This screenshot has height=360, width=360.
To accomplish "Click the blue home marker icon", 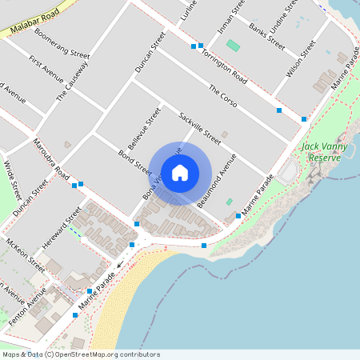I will pos(180,173).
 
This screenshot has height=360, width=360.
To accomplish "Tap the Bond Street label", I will pos(134,162).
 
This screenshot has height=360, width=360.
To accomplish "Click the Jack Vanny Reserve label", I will pos(322,152).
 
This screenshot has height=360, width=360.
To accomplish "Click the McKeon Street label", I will pos(26,252).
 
